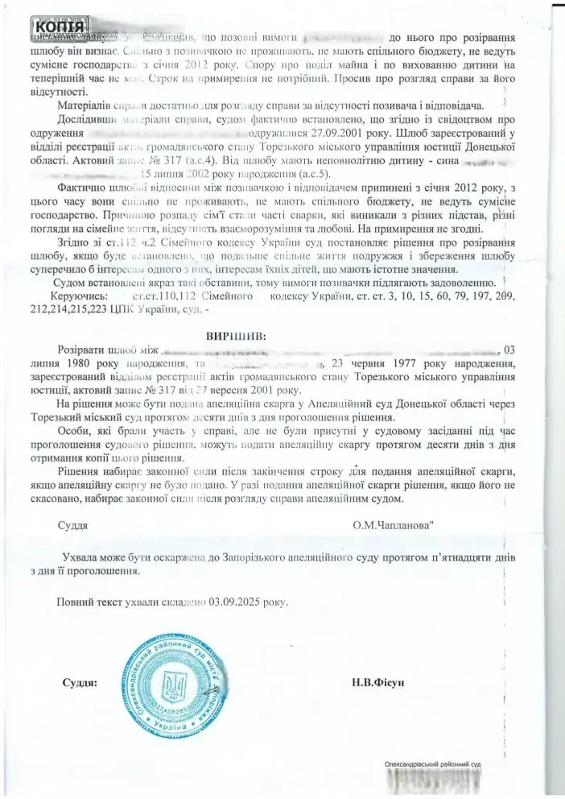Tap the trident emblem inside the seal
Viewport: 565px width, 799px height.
(x=172, y=686)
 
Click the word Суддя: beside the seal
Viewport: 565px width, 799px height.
(x=79, y=682)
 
